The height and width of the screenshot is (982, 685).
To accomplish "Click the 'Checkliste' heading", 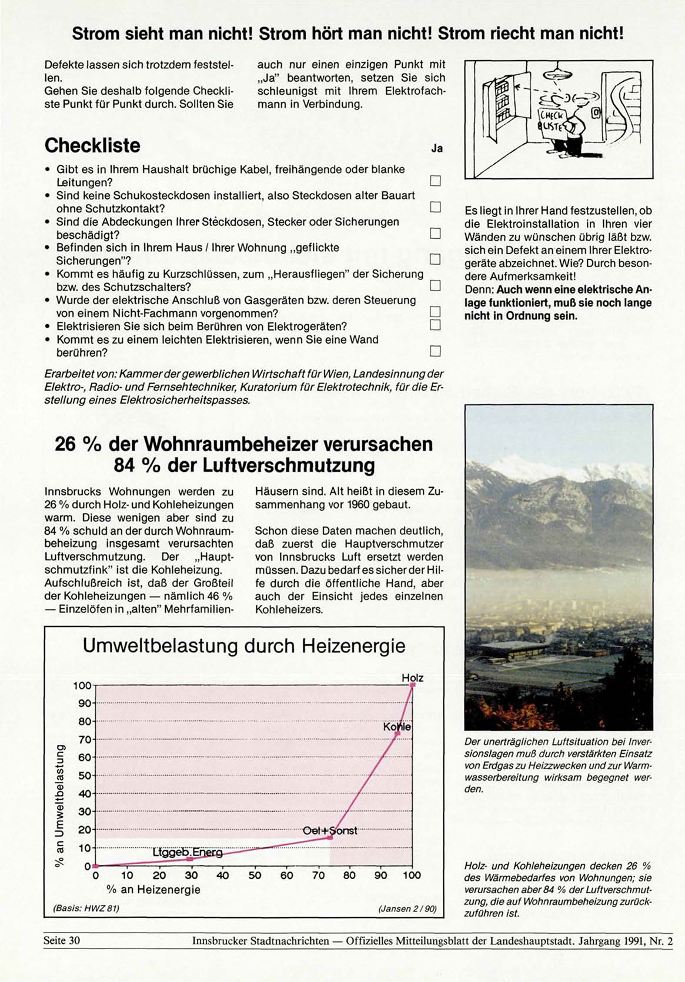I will coord(92,145).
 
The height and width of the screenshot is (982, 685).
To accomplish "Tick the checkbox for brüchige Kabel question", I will coord(435,181).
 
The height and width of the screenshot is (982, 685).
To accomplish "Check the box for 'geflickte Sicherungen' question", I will coord(435,259).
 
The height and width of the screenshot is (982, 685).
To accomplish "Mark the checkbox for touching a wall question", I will coord(435,351).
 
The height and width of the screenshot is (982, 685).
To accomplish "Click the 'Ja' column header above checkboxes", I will coord(436,148).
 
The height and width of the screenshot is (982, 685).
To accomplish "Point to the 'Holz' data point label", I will coord(412,678).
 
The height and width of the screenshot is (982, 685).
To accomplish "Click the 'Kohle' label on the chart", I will coord(397,727).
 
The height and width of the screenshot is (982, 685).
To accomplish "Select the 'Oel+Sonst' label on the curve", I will coord(329,831).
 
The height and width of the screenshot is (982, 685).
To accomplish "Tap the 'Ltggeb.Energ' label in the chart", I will coord(188,853).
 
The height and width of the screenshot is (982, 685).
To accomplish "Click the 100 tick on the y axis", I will coord(82,685).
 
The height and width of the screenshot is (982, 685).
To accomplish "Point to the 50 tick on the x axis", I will coord(255,876).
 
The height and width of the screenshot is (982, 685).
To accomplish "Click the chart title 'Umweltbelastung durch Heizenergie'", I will coord(244,646).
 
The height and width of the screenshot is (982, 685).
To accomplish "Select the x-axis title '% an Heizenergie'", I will coord(153,890).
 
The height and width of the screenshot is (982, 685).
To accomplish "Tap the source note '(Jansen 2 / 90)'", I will coord(407,908).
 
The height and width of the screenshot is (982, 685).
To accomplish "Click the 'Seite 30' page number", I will coord(61,940).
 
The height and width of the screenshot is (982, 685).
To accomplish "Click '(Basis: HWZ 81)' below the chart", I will coord(86,908).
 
